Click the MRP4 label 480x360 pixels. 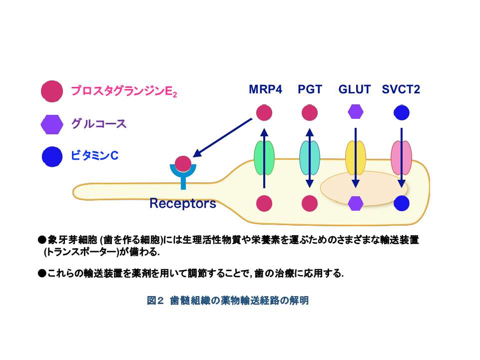point(265,89)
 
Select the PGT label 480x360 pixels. point(310,89)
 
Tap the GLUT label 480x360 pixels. point(355,89)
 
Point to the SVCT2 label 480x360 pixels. point(401,89)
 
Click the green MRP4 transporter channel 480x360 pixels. point(264,158)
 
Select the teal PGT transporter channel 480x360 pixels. point(310,158)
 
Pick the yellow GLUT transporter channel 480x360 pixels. point(356,158)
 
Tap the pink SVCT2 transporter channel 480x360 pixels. point(401,158)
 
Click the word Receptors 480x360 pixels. point(183,203)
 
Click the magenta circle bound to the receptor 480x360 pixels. point(183,164)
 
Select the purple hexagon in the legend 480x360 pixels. point(52,124)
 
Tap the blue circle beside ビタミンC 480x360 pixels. point(52,156)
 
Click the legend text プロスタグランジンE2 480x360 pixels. point(124,91)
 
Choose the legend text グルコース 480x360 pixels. point(99,124)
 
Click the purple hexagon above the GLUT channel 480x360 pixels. point(356,111)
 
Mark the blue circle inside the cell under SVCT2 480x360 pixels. point(401,203)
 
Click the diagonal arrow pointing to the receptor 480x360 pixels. point(222,138)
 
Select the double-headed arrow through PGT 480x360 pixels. point(310,158)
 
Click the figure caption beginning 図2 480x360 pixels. point(227,300)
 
